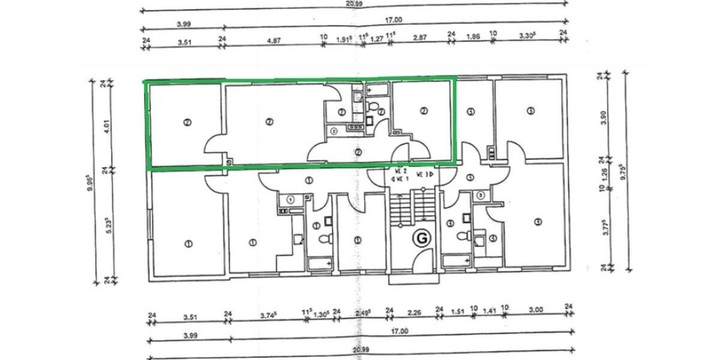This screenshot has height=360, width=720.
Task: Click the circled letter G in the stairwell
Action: click(421, 238)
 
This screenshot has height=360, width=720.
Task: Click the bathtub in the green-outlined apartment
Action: click(377, 89)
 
